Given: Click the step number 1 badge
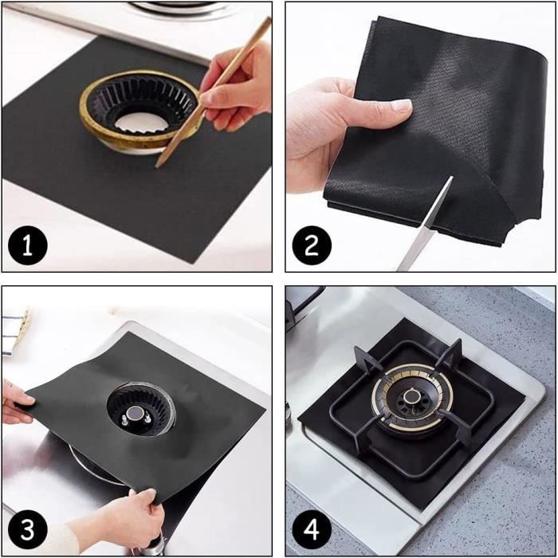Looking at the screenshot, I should click(28, 246).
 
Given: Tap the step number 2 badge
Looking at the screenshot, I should click(311, 246).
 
